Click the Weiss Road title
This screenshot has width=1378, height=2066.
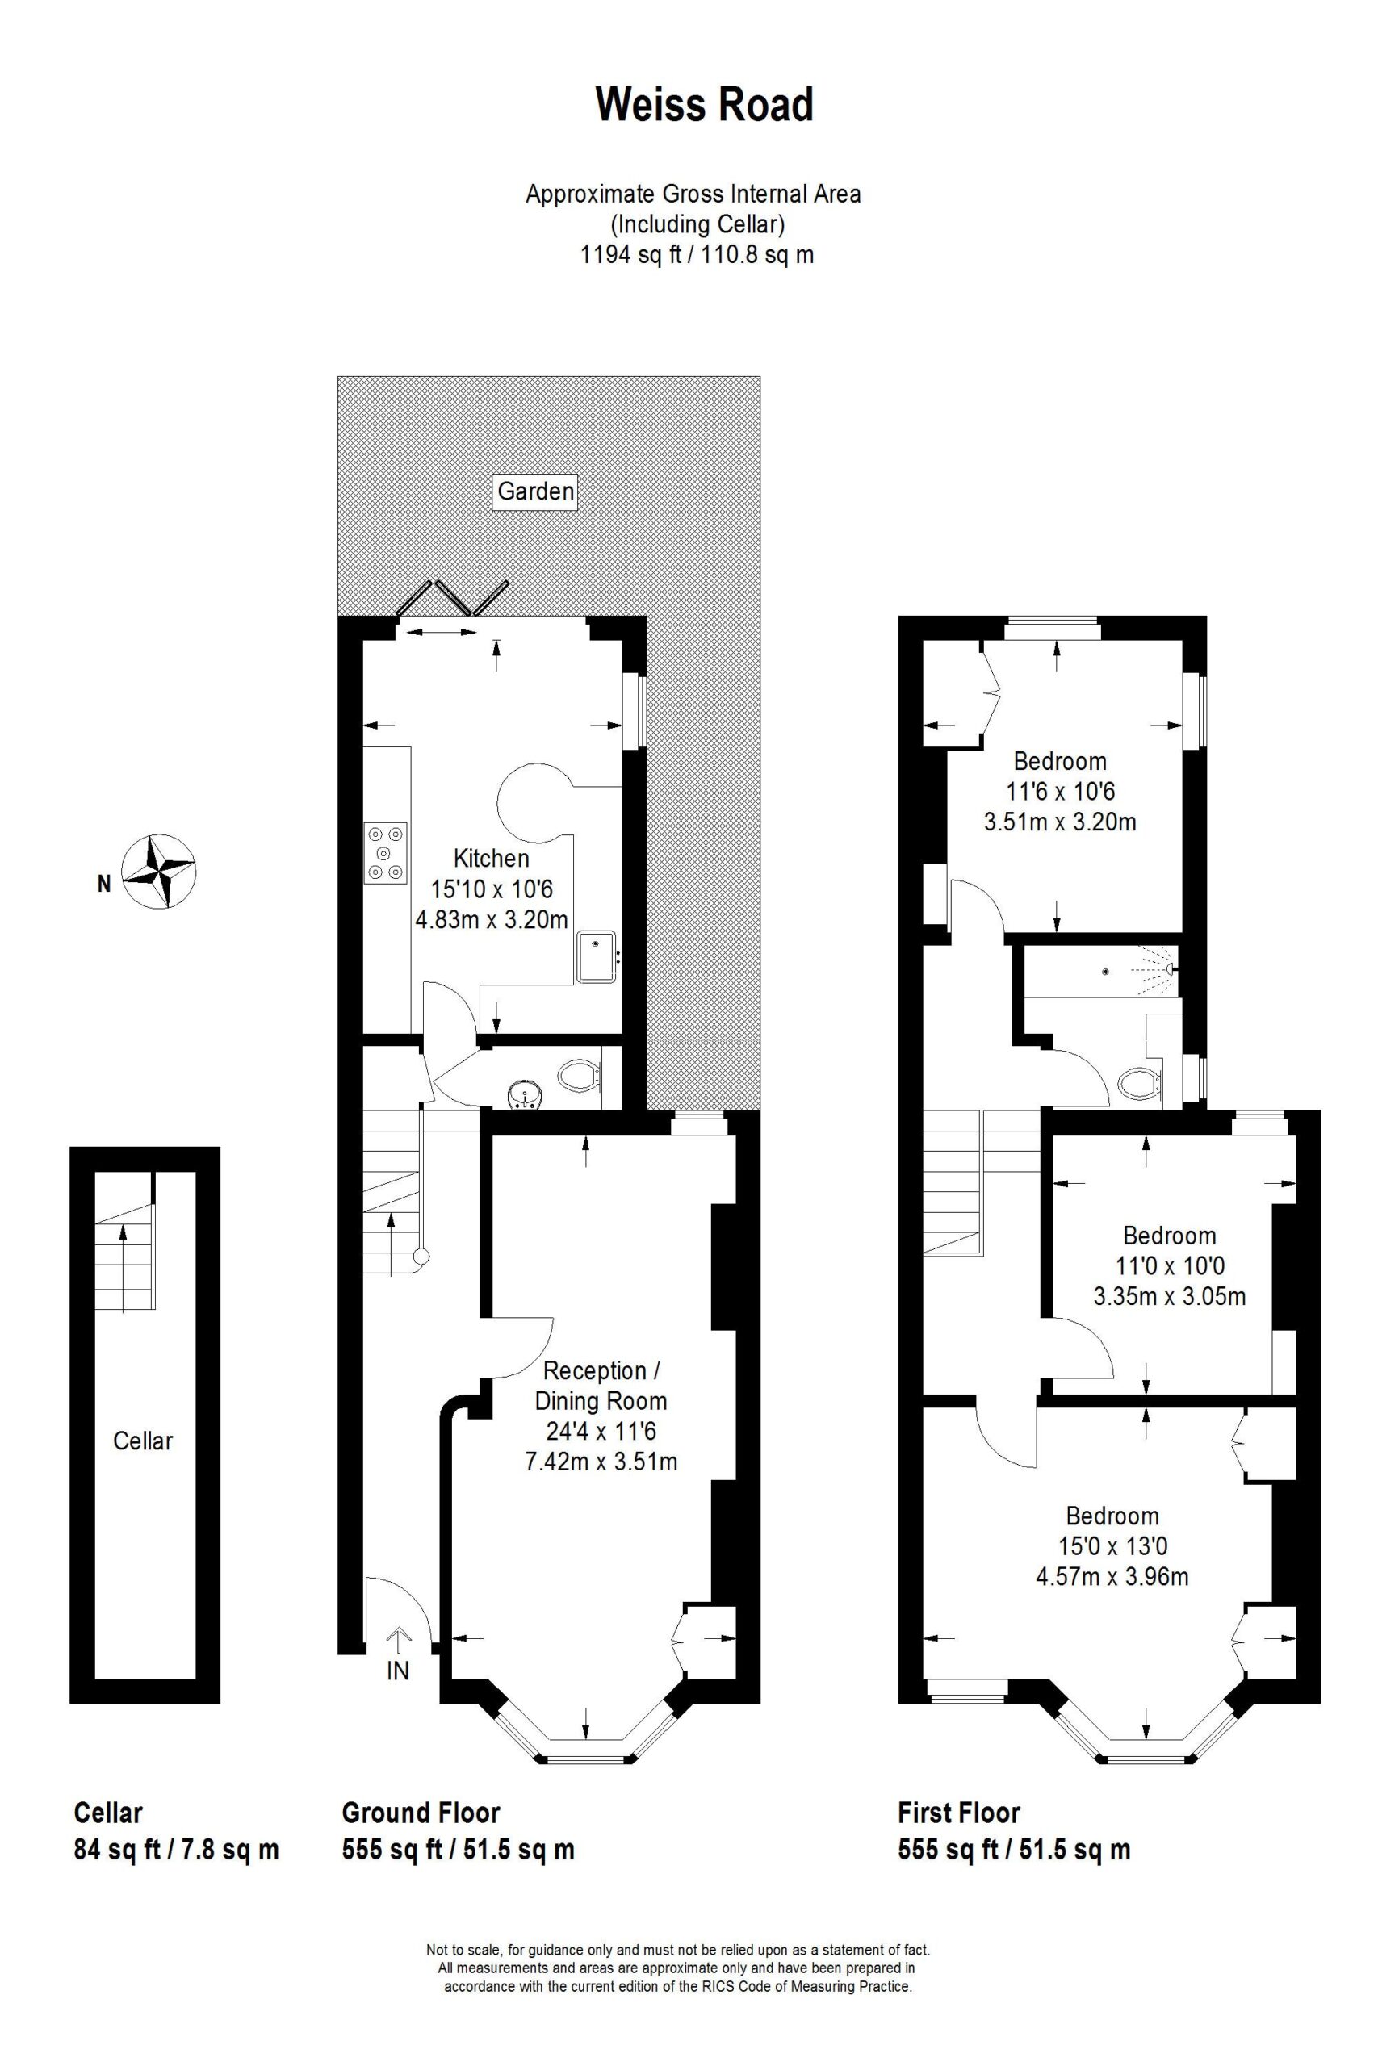(705, 105)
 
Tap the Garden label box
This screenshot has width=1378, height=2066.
(536, 491)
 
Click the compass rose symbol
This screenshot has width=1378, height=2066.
(158, 871)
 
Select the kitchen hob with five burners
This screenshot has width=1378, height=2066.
(387, 852)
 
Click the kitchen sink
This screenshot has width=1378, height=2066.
(598, 958)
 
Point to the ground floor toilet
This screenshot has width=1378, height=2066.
(580, 1075)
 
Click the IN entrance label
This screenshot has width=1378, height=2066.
(398, 1671)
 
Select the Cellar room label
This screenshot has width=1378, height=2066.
(143, 1441)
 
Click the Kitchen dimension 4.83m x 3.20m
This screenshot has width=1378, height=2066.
(492, 920)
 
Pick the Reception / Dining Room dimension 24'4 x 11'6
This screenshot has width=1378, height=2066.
(601, 1432)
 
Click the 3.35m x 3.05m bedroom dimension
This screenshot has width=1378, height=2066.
(1170, 1295)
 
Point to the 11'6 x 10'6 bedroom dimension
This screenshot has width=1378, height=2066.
(1060, 792)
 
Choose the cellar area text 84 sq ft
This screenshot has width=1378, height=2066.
(117, 1850)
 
